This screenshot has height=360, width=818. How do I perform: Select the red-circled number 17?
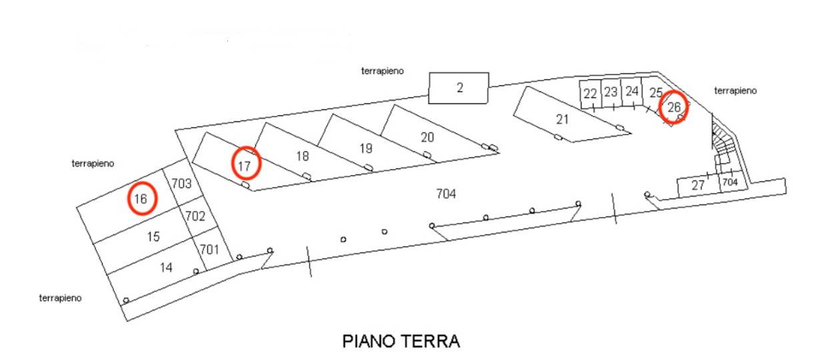point(245,163)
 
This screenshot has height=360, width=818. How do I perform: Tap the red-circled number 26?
point(674,106)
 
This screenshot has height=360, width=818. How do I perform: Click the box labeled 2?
point(459,88)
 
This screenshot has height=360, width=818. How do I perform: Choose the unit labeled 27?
point(697,186)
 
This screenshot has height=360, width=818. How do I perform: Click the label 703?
point(181,183)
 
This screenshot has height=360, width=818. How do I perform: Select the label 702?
point(195,216)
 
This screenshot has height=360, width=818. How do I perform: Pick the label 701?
point(210,250)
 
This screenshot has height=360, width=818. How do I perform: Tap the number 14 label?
point(166,267)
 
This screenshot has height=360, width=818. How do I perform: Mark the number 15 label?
point(153,237)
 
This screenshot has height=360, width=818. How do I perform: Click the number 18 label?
point(302,157)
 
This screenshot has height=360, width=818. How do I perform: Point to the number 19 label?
point(365,148)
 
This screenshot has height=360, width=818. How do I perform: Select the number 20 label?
point(427,137)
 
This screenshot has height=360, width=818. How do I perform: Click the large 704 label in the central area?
point(445,194)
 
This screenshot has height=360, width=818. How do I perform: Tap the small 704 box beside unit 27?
point(730,182)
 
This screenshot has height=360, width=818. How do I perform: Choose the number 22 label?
point(589,94)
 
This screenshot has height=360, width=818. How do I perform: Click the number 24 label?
point(632,91)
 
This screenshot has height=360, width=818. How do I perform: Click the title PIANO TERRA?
point(401,341)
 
